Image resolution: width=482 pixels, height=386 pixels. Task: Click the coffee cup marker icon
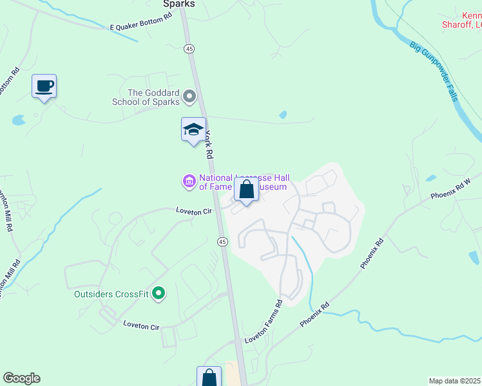click(x=44, y=86)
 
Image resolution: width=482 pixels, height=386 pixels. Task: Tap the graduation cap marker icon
click(x=193, y=129)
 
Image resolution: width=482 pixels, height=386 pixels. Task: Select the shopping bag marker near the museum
click(x=246, y=190)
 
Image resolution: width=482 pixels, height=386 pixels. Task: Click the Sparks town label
click(x=178, y=4)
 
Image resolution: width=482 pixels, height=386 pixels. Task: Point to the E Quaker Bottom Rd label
click(x=140, y=28)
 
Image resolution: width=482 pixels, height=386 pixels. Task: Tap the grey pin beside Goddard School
click(x=189, y=97)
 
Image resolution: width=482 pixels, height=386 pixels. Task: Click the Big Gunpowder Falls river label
click(x=435, y=71)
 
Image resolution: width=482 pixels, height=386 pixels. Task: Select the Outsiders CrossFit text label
click(x=111, y=295)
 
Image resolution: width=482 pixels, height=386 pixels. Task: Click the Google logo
click(x=21, y=378)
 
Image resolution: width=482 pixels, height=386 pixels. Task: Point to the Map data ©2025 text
click(x=454, y=380)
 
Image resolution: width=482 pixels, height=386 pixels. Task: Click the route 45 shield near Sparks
click(x=189, y=49)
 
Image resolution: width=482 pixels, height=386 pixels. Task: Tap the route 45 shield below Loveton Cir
click(x=222, y=241)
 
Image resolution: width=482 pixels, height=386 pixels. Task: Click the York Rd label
click(x=209, y=145)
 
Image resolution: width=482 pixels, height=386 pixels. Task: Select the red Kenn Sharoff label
click(x=463, y=20)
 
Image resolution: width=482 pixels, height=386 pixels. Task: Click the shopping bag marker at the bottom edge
click(x=209, y=377)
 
